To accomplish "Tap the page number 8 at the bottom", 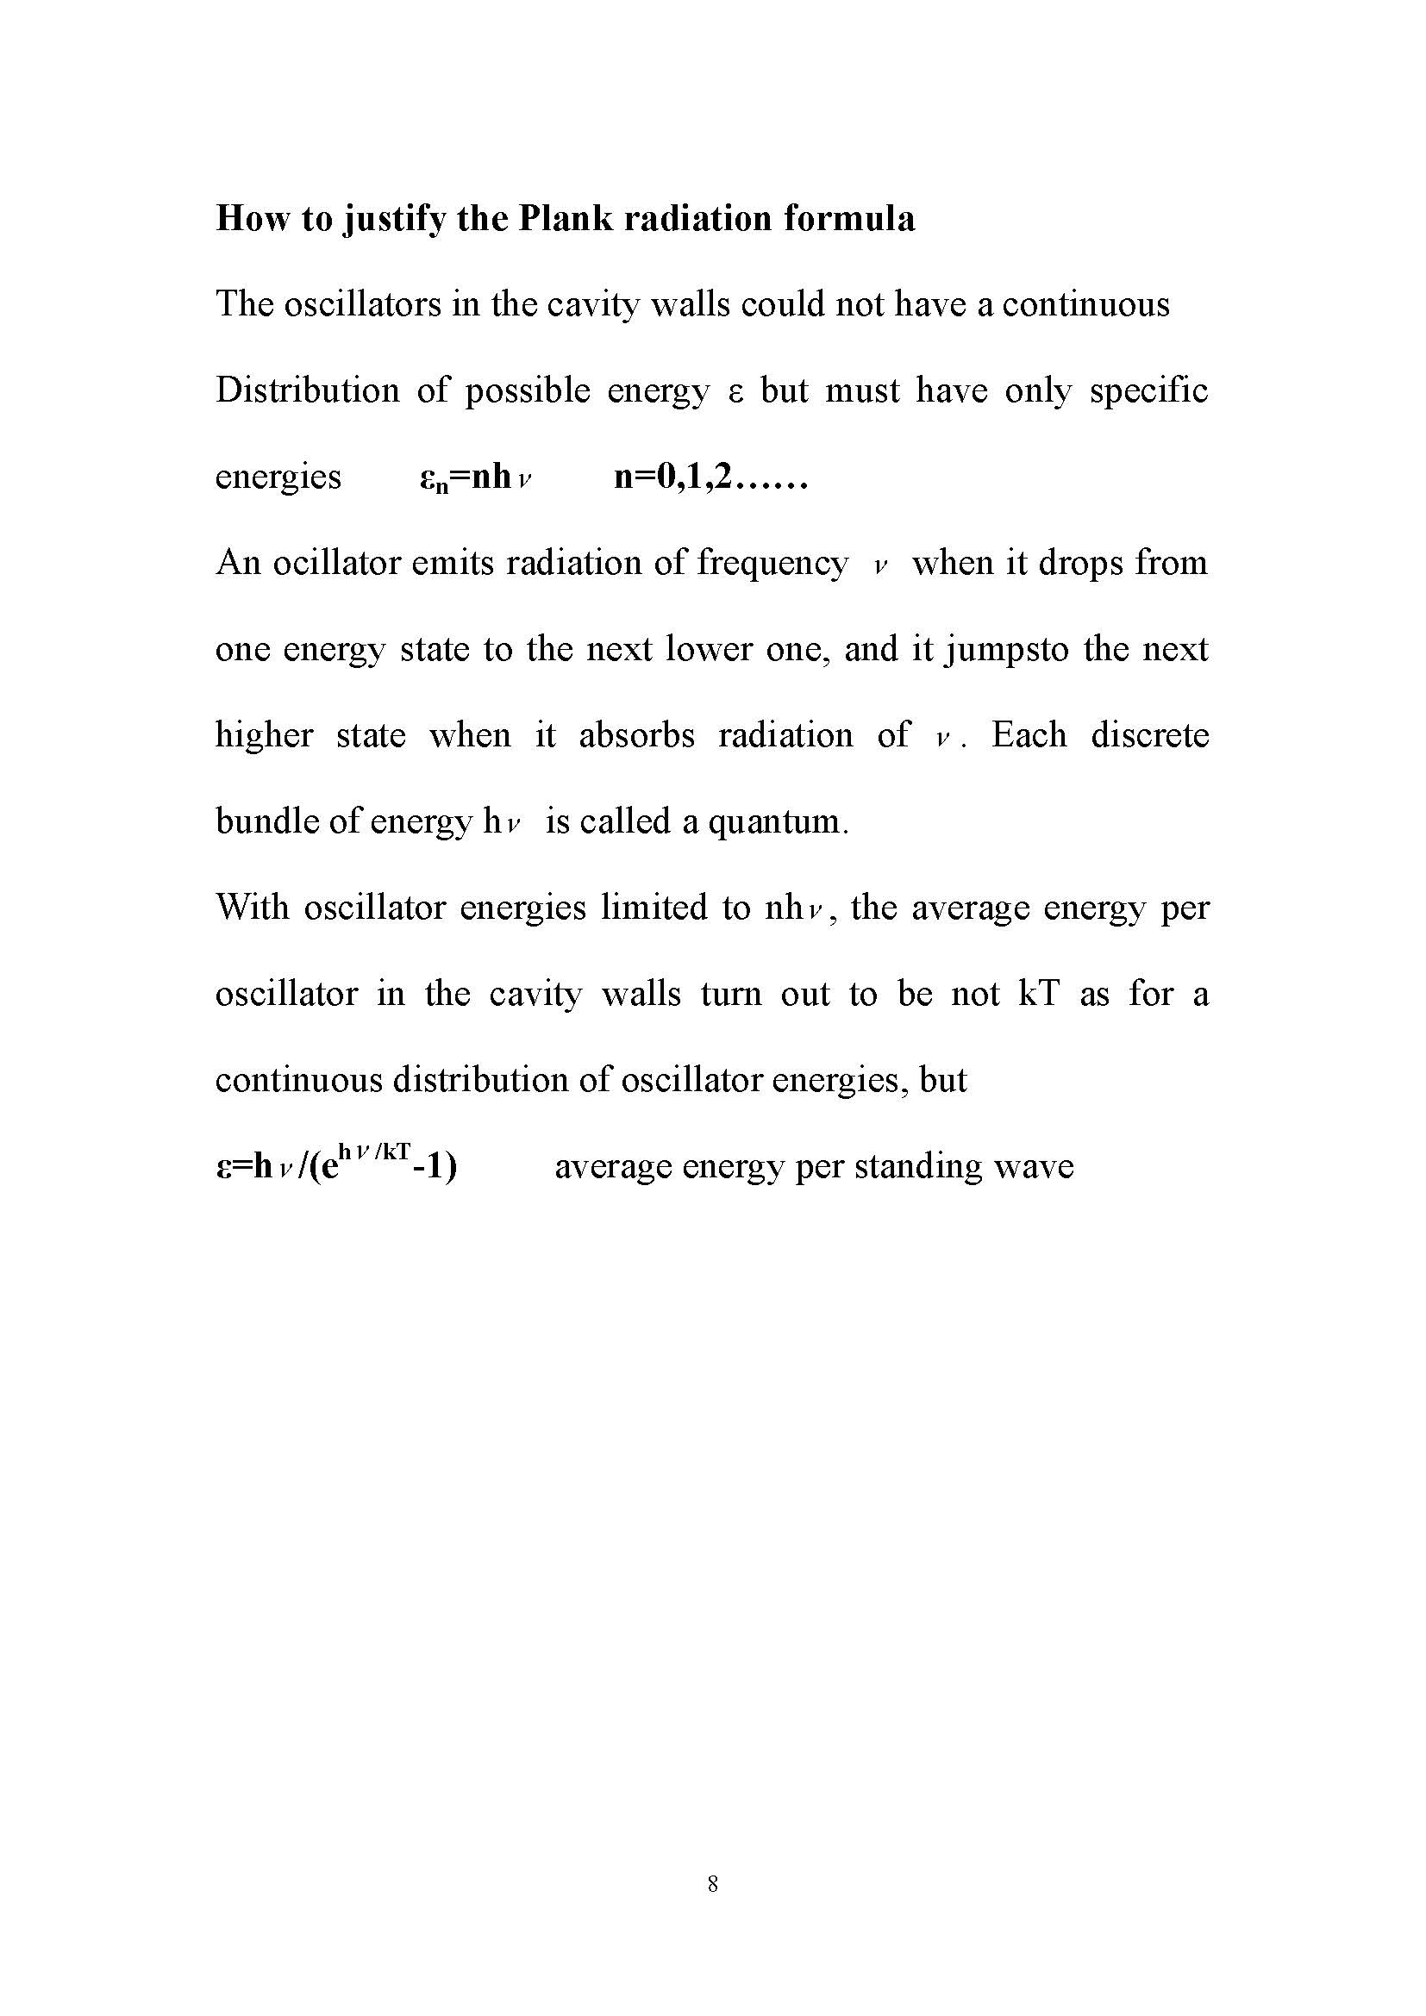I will (712, 1882).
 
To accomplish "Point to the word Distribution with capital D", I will (307, 390).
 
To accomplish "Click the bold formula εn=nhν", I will (477, 477).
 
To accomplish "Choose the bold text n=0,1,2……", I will (710, 477).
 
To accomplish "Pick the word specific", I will (1148, 390).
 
